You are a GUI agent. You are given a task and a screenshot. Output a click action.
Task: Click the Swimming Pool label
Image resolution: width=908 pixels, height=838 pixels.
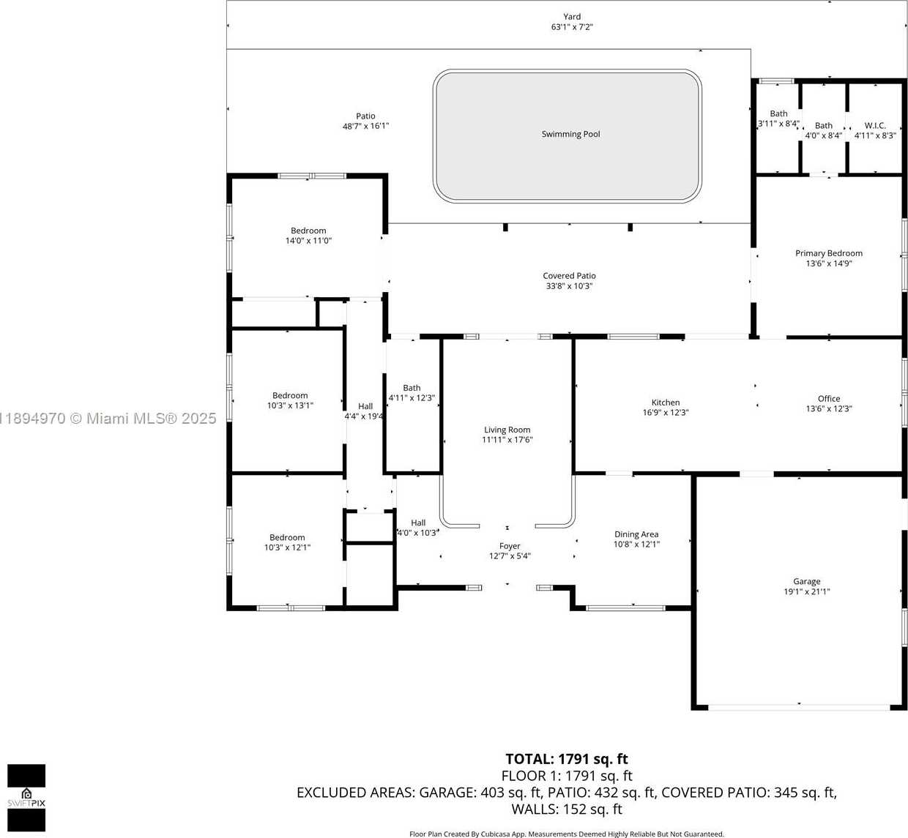pyautogui.click(x=570, y=134)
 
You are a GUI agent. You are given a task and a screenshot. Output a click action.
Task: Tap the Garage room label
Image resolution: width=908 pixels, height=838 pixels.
pyautogui.click(x=806, y=581)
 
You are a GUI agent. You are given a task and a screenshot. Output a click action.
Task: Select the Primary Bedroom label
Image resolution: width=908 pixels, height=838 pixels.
pyautogui.click(x=829, y=253)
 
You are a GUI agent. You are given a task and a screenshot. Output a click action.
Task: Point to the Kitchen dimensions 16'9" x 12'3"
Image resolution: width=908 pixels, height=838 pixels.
pyautogui.click(x=666, y=412)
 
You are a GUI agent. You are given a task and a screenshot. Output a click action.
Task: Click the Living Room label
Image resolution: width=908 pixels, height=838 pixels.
pyautogui.click(x=507, y=430)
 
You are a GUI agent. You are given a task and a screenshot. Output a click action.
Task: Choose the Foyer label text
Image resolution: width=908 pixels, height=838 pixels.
pyautogui.click(x=510, y=546)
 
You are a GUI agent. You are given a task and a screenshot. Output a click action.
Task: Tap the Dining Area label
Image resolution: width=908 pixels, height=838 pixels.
pyautogui.click(x=636, y=534)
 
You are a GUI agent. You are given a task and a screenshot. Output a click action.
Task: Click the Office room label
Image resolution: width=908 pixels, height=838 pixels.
pyautogui.click(x=829, y=399)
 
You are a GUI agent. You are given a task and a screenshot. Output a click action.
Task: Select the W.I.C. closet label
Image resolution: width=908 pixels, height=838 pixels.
pyautogui.click(x=875, y=125)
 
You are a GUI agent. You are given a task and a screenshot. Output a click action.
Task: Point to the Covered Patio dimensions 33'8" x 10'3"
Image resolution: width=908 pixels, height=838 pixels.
pyautogui.click(x=569, y=286)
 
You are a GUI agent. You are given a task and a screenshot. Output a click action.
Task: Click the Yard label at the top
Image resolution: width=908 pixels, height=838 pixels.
pyautogui.click(x=572, y=17)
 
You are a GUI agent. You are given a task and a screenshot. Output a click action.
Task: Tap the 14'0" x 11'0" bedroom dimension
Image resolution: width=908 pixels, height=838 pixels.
pyautogui.click(x=308, y=241)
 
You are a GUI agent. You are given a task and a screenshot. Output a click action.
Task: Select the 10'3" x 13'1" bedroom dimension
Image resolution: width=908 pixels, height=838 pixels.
pyautogui.click(x=290, y=405)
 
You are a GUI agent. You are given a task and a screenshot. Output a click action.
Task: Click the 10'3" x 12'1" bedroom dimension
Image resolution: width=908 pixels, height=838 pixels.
pyautogui.click(x=287, y=547)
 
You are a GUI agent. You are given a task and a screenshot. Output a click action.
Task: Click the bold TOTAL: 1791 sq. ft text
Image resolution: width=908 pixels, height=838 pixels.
pyautogui.click(x=567, y=759)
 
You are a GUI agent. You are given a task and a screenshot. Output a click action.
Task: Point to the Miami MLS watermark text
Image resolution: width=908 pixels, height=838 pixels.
pyautogui.click(x=108, y=419)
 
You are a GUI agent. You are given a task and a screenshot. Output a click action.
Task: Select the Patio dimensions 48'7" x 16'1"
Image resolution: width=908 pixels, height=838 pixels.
pyautogui.click(x=365, y=126)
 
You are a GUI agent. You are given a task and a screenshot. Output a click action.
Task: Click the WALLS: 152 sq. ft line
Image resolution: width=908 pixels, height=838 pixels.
pyautogui.click(x=567, y=809)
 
